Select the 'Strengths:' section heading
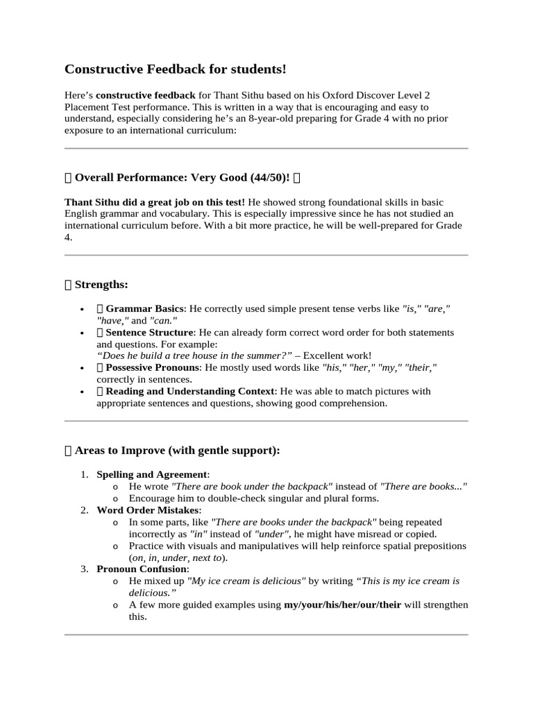point(101,285)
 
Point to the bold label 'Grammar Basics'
point(145,308)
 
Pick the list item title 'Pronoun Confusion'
point(142,569)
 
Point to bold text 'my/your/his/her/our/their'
point(342,605)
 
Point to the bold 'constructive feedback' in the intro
point(146,94)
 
